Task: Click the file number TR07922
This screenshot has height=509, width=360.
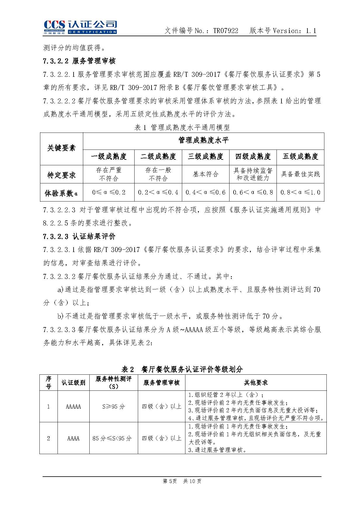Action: coord(225,31)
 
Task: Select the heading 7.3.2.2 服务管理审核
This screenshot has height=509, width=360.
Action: coord(79,61)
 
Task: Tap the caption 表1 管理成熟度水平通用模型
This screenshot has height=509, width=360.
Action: coord(182,127)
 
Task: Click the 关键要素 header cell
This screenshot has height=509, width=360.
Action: coord(61,148)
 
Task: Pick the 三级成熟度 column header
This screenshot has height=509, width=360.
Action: coord(205,157)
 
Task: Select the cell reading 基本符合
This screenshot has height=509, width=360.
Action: coord(205,174)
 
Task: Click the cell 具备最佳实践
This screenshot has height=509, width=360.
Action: coord(300,174)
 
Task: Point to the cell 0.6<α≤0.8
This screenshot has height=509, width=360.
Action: coord(253,192)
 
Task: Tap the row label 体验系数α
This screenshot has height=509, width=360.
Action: coord(61,193)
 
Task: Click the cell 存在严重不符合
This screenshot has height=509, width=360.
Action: coord(109,174)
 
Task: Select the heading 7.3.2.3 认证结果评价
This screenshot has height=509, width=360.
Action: coord(79,237)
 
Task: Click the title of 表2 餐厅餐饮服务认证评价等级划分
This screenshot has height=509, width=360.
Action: coord(182,369)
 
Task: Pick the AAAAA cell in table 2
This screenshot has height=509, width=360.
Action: coord(73,406)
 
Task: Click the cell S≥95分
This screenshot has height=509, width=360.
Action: coord(114,406)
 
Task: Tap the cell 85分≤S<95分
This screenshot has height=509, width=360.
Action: coord(112,438)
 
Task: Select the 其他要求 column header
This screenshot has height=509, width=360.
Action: coord(255,383)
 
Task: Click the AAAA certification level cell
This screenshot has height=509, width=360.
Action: coord(73,438)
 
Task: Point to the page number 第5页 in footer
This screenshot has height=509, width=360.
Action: coord(170,481)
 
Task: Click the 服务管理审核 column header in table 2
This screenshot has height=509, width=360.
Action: coord(161,383)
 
